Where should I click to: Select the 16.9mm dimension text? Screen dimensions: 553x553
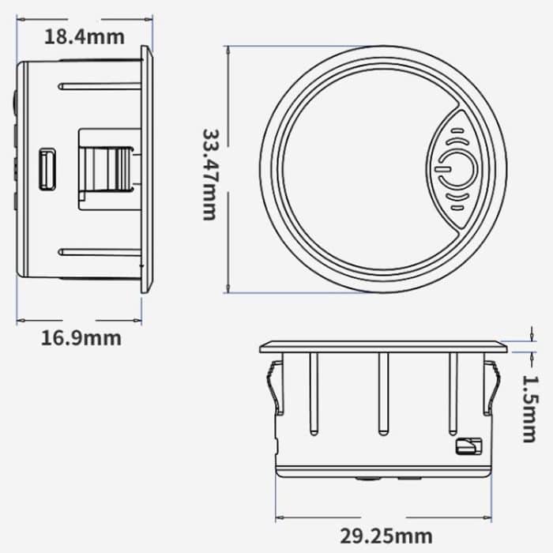click(81, 338)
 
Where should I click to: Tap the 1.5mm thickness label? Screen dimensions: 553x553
click(529, 408)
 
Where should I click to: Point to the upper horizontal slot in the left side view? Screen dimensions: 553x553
click(99, 85)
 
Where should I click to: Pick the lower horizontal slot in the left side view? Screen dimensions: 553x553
click(99, 253)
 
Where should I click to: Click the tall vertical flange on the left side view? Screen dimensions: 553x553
click(147, 168)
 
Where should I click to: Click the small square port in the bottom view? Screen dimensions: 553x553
click(465, 447)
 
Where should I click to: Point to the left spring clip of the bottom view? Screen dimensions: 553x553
click(273, 387)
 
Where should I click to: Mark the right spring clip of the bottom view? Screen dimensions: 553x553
click(492, 387)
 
